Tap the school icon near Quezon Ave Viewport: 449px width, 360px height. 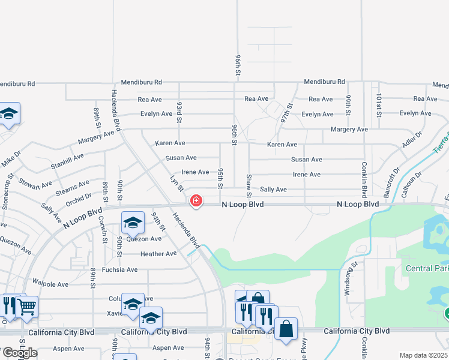133,223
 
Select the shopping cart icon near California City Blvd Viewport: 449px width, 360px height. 26,307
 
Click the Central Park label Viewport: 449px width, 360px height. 427,268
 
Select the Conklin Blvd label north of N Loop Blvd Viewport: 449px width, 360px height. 364,179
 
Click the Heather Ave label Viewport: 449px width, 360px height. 158,254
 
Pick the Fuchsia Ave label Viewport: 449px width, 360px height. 119,269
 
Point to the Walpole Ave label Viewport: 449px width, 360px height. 51,284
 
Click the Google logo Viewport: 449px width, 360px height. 19,353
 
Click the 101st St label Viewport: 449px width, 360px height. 379,105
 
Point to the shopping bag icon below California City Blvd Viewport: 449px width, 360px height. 286,329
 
